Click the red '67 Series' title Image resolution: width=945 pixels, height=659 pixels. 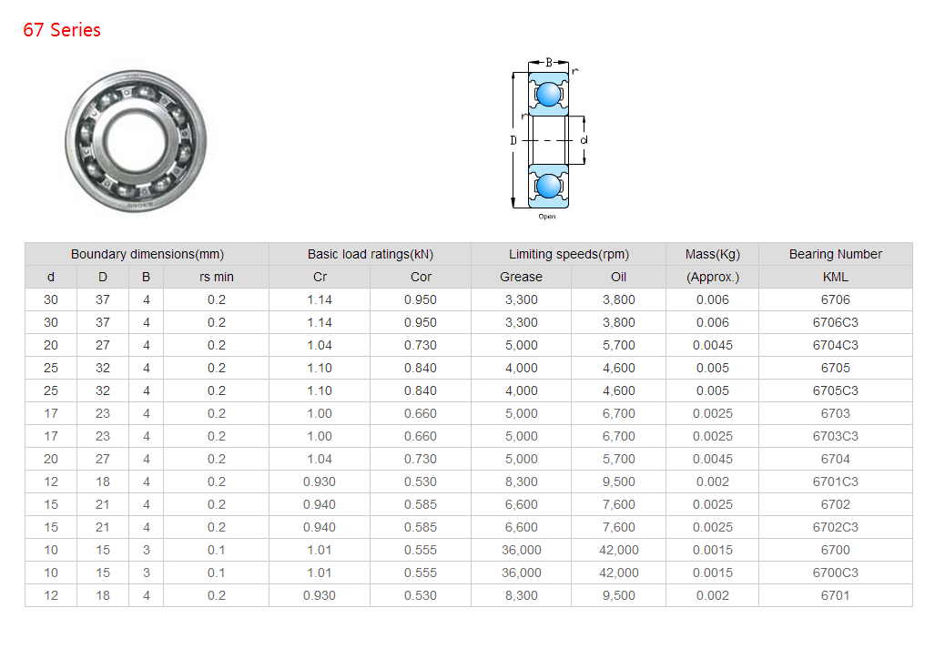pyautogui.click(x=62, y=30)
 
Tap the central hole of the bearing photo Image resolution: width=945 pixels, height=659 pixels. pyautogui.click(x=136, y=142)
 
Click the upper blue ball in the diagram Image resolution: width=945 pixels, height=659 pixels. pyautogui.click(x=548, y=94)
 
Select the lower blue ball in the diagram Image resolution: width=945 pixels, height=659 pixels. pyautogui.click(x=548, y=186)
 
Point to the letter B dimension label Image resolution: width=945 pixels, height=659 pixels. pyautogui.click(x=549, y=62)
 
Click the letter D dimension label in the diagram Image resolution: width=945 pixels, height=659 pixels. pyautogui.click(x=513, y=140)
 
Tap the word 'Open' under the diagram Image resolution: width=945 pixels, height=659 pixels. pyautogui.click(x=547, y=217)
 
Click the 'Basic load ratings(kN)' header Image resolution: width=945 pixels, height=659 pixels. pyautogui.click(x=370, y=254)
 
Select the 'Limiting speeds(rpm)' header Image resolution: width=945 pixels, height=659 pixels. pyautogui.click(x=569, y=254)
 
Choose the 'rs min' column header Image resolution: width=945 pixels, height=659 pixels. pyautogui.click(x=217, y=277)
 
